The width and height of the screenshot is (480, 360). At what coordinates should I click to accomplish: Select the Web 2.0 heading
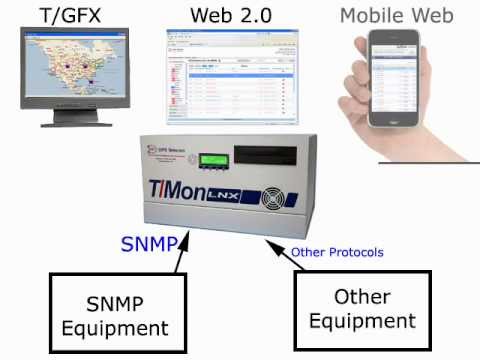[x=231, y=15]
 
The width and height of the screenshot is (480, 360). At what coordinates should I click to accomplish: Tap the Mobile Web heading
[x=396, y=15]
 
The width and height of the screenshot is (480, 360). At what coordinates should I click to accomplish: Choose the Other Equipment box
[x=361, y=309]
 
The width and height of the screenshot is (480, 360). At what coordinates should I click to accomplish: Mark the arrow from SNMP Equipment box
[x=177, y=257]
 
